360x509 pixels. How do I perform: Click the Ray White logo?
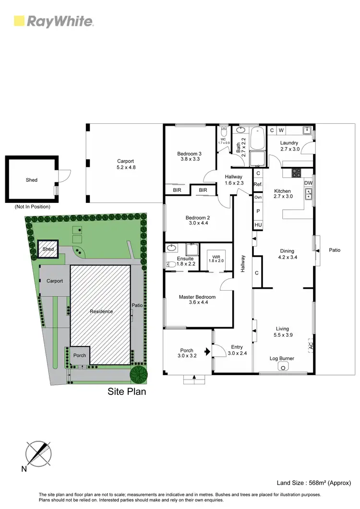[x=53, y=21]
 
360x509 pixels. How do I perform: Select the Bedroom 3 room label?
[x=189, y=156]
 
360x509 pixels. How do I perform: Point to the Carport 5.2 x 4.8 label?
[x=125, y=165]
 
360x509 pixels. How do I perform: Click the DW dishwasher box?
[x=308, y=183]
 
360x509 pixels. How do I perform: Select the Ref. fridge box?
[x=258, y=184]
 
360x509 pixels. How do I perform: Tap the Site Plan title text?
[x=126, y=391]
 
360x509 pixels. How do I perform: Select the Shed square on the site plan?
[x=48, y=249]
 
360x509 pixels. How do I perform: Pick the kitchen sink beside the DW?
[x=308, y=194]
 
